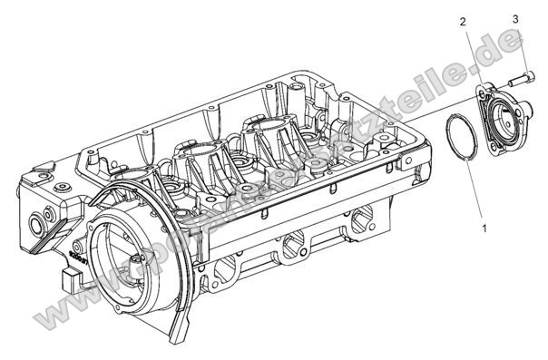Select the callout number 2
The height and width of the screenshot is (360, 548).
click(x=463, y=21)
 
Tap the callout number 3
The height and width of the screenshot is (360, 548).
click(x=515, y=18)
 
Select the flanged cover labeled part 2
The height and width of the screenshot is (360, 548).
click(x=501, y=114)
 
